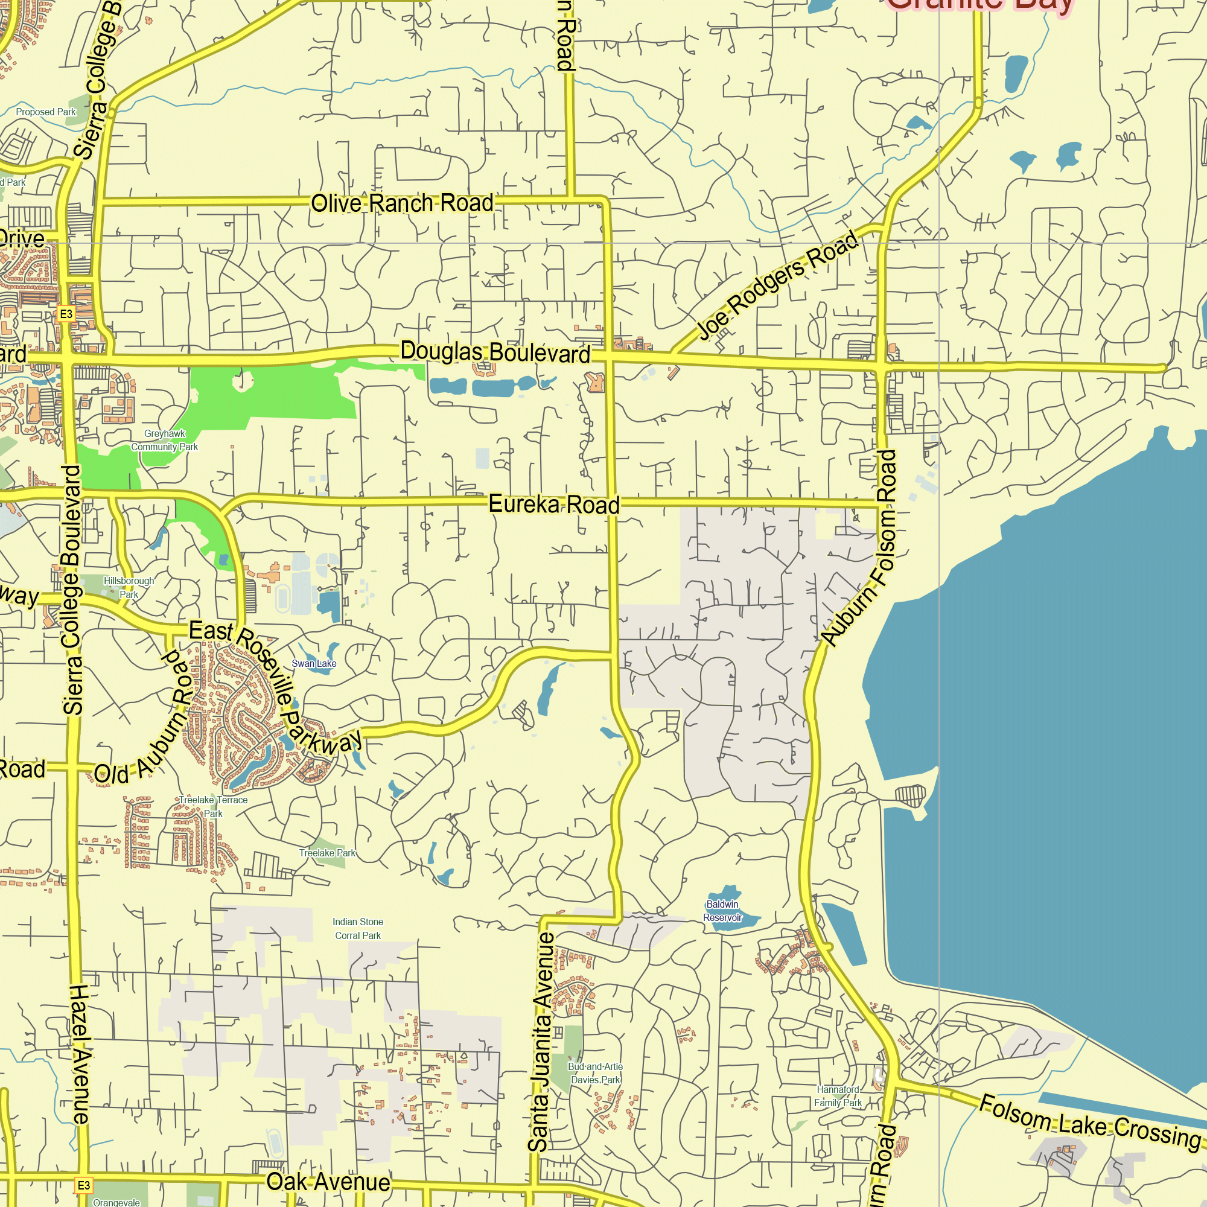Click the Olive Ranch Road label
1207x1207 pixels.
[x=402, y=203]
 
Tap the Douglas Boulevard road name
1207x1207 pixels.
[x=495, y=352]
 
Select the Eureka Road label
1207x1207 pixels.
[x=553, y=504]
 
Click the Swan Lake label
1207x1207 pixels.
[x=314, y=663]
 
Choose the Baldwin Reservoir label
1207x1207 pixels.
[x=722, y=911]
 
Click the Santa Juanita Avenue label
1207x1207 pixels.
[x=541, y=1042]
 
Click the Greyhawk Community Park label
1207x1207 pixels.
[x=164, y=441]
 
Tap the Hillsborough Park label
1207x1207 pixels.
[x=129, y=587]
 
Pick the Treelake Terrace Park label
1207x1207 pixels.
[x=213, y=806]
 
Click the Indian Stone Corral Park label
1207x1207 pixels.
[x=357, y=928]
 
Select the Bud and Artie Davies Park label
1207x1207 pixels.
[x=596, y=1073]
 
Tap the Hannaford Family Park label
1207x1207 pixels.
[x=838, y=1097]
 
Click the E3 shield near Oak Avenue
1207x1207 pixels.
[x=84, y=1185]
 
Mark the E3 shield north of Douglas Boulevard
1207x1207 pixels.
[x=66, y=314]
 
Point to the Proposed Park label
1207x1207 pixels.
[x=46, y=112]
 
